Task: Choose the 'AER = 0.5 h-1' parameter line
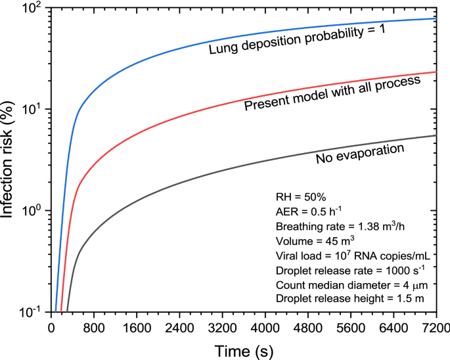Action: point(306,212)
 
